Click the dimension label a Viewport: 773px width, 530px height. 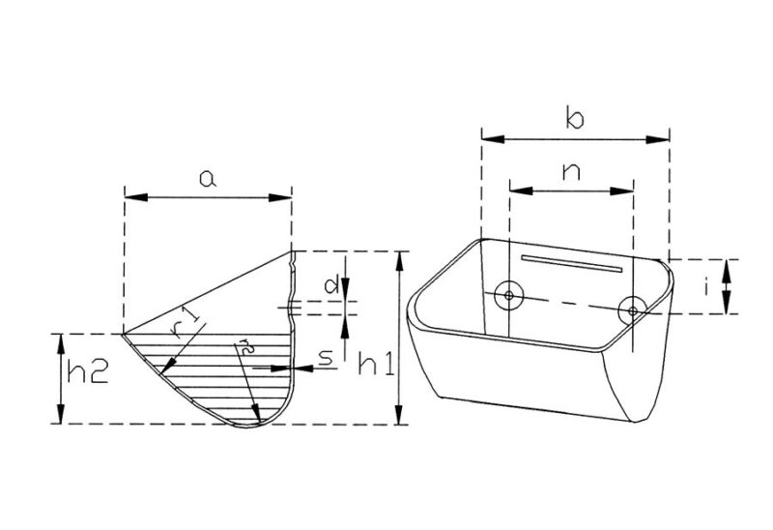(208, 179)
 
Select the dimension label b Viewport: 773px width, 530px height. (575, 119)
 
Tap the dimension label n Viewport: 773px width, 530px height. (571, 172)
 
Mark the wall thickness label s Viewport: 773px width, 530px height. (327, 358)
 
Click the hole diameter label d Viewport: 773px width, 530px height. (330, 285)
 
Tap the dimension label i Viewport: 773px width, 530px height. (706, 285)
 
